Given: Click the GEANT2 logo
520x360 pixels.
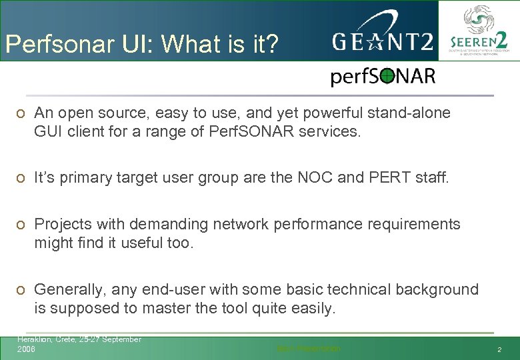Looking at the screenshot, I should tap(383, 43).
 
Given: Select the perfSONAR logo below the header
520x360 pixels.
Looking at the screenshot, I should tap(383, 77).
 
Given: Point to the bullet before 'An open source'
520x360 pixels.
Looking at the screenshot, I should tap(21, 113).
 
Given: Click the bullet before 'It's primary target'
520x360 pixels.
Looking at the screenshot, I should tap(21, 179).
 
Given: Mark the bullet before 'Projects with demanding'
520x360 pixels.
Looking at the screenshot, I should tap(21, 225).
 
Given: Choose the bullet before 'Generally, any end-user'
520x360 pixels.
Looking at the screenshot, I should tap(21, 290).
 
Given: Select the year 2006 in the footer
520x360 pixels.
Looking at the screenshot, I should tap(27, 349).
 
